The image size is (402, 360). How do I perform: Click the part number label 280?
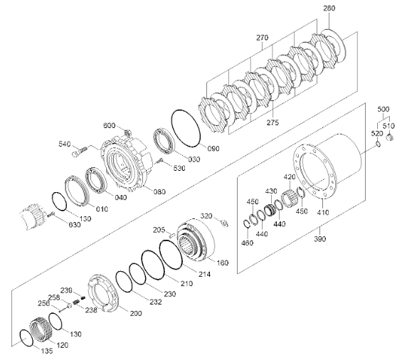329,9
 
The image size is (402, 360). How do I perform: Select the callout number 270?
263,38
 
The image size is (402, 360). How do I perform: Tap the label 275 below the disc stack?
273,122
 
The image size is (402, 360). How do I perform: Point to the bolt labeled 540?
79,152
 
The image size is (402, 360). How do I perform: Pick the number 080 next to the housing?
159,191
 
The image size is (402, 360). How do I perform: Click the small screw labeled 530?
160,161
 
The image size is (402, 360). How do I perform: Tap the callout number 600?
110,126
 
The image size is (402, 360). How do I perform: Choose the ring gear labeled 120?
41,328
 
